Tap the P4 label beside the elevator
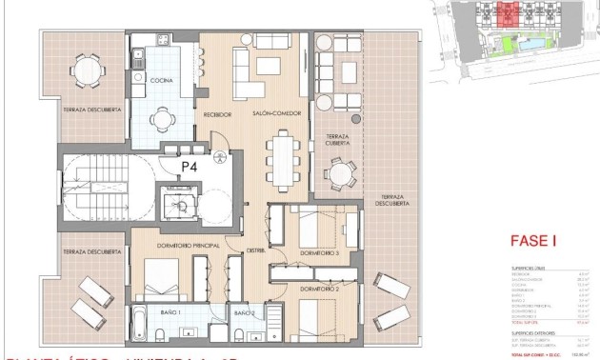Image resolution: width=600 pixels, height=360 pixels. pyautogui.click(x=190, y=165)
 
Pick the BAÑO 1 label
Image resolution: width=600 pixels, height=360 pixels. pyautogui.click(x=171, y=311)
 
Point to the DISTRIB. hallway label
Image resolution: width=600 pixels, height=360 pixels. pyautogui.click(x=255, y=251)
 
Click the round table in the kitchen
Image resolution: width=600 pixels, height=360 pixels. pyautogui.click(x=163, y=116)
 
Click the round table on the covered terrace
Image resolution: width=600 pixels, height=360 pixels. pyautogui.click(x=339, y=173)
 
